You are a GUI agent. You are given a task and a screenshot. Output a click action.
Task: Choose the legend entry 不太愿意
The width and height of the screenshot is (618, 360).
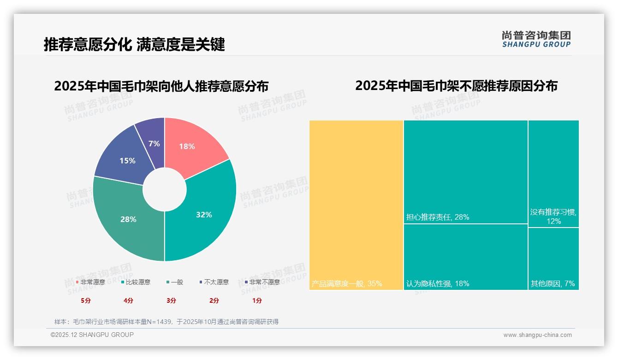[x=216, y=282]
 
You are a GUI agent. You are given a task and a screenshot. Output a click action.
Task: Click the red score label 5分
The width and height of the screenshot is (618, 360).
[x=86, y=300]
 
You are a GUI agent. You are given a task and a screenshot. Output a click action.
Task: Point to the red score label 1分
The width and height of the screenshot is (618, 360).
[x=257, y=300]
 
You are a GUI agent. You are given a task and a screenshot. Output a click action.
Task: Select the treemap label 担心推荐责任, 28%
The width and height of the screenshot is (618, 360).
[x=437, y=217]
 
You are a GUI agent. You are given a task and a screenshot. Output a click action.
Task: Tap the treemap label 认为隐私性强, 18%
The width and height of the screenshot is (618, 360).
[x=437, y=283]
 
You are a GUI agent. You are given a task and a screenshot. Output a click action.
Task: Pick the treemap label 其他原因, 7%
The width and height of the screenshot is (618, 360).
[x=553, y=283]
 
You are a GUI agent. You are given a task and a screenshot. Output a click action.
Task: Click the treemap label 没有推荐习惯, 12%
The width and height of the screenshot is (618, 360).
[x=553, y=216]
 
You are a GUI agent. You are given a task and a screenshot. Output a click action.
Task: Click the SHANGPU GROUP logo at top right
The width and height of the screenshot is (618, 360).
[x=536, y=39]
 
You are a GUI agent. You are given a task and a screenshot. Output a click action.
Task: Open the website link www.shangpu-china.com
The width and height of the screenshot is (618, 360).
[x=537, y=335]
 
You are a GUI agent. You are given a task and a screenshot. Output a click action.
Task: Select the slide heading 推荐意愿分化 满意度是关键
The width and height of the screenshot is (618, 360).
[x=134, y=44]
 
